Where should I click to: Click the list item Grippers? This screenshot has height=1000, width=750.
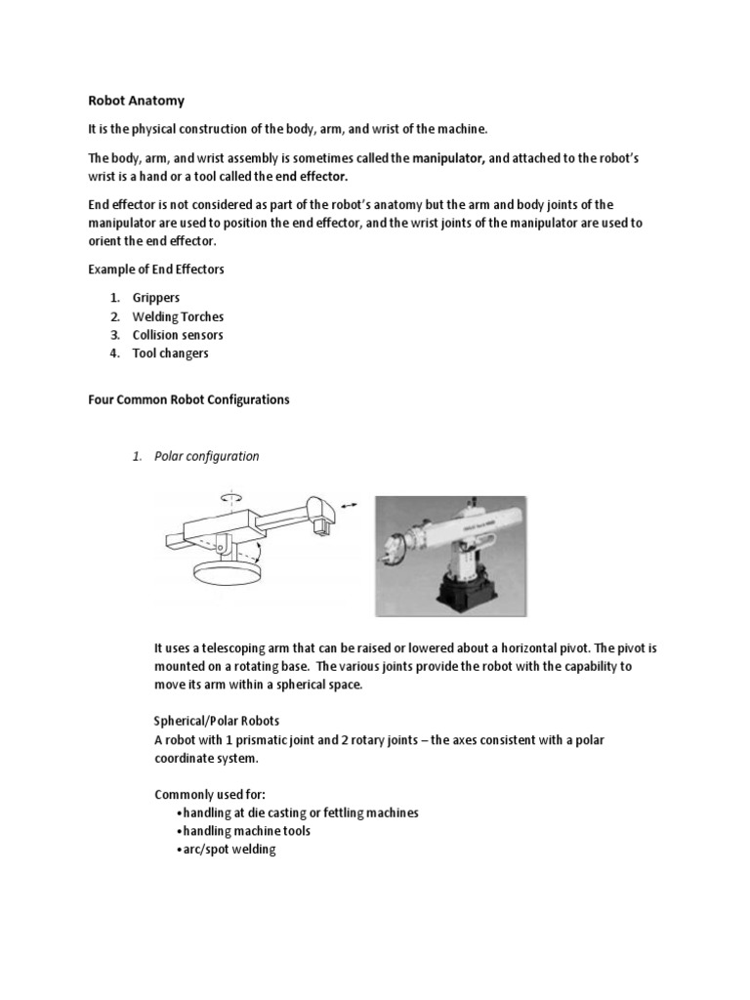(x=156, y=297)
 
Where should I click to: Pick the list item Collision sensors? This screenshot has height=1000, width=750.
(x=180, y=335)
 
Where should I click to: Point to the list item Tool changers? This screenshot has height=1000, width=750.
(x=170, y=354)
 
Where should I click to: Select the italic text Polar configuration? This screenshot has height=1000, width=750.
(x=206, y=456)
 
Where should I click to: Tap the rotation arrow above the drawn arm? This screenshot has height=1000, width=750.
(x=231, y=498)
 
